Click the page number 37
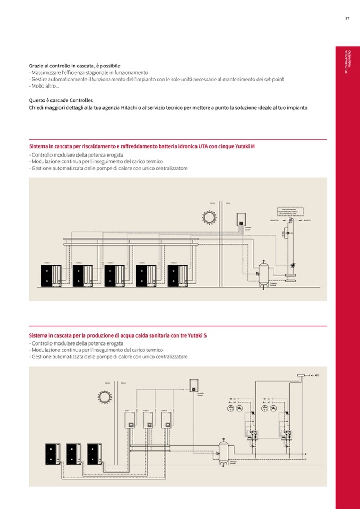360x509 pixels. click(x=347, y=19)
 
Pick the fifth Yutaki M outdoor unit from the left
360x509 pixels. click(x=177, y=274)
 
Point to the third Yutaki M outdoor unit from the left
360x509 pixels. click(x=114, y=274)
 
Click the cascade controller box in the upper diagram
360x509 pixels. click(x=240, y=218)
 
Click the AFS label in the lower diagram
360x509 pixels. click(x=316, y=376)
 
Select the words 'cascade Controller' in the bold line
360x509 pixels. click(x=73, y=100)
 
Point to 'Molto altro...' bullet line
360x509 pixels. click(x=45, y=86)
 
